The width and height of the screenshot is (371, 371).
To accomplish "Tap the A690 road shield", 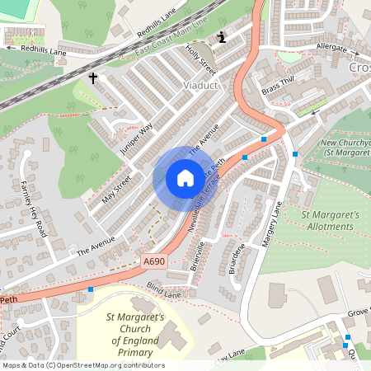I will point(153,261).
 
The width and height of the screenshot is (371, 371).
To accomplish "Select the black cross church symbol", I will point(93,79).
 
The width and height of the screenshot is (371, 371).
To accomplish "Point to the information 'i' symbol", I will point(221,37).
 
